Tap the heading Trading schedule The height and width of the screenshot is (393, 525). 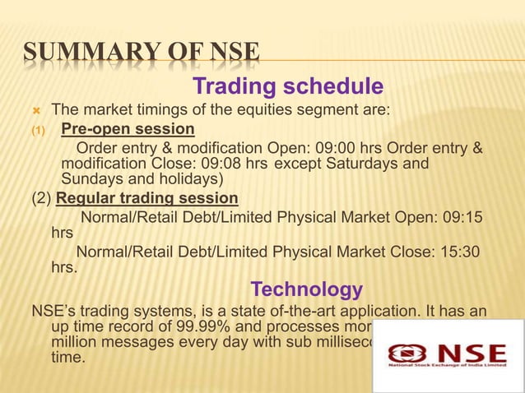point(287,86)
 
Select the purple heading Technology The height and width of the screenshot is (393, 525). point(306,289)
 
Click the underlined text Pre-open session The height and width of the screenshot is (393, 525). point(128,129)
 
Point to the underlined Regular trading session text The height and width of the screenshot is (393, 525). point(147,198)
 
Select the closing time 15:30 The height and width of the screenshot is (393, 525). point(462,252)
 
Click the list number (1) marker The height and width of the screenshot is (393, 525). point(40,129)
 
